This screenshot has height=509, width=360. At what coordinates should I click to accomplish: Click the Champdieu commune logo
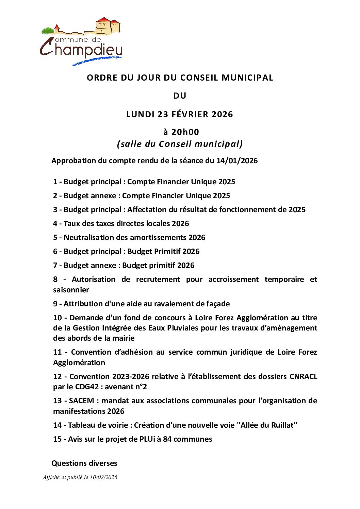(81, 41)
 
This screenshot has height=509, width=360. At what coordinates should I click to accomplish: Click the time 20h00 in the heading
(185, 132)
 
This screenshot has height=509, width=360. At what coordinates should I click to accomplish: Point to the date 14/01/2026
(237, 161)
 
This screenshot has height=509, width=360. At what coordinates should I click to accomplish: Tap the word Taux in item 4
(71, 224)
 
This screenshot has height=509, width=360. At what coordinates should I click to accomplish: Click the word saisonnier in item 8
(71, 290)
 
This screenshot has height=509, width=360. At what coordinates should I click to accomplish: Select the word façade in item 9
(218, 304)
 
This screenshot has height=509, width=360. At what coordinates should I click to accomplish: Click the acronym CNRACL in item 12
(303, 377)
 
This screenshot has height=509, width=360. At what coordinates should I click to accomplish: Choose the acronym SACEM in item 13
(81, 401)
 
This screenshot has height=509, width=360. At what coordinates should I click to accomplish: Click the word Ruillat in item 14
(283, 425)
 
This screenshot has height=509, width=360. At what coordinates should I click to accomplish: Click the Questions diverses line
(84, 463)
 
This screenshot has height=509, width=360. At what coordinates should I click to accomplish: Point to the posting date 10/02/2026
(103, 477)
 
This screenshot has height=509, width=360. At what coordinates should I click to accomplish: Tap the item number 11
(57, 352)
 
